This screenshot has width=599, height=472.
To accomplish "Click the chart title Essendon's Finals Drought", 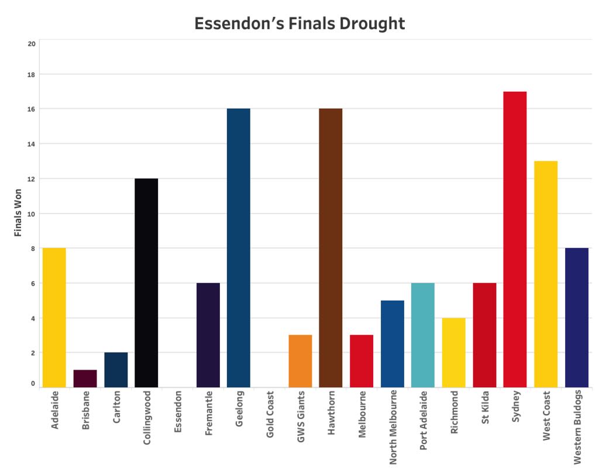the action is [299, 23].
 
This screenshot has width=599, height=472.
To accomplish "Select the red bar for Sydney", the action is [515, 239].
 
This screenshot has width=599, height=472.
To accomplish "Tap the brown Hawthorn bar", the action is [331, 248].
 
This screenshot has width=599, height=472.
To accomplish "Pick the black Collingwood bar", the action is [146, 283].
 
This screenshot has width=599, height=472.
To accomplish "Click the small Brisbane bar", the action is [85, 379].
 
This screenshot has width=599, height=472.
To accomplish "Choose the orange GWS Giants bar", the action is [300, 361].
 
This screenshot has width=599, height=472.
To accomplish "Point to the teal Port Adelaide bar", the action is [423, 335].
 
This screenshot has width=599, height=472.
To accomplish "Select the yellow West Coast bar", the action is [546, 274].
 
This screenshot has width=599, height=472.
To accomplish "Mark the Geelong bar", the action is [239, 248].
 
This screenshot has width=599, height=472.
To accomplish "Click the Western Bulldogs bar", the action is [577, 318].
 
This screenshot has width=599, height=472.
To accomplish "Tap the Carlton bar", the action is [116, 370].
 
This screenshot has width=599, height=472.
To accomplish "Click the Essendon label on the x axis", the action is [178, 412].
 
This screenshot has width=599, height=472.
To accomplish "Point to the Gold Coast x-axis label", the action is [270, 414].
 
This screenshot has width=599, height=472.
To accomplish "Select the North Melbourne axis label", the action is [393, 428].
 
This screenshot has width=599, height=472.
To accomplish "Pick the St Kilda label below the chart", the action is [485, 407].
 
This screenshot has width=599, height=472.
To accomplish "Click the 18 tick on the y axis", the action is [32, 75].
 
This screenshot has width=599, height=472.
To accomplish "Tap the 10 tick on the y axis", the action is [32, 214].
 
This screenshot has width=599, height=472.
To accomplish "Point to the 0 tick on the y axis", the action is [33, 384].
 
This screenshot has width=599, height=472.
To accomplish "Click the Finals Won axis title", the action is [18, 213].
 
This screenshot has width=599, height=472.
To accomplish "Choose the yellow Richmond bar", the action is [454, 353].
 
